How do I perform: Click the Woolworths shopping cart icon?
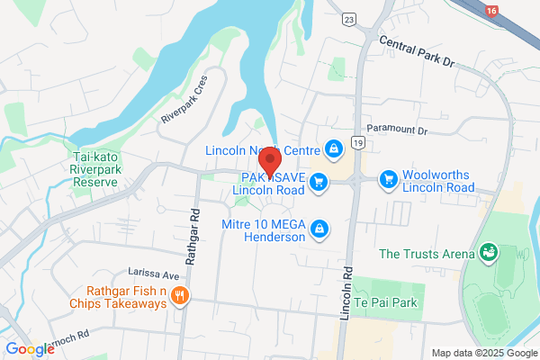click(388, 180)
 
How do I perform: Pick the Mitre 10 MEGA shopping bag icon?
click(318, 231)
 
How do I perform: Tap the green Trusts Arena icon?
click(490, 253)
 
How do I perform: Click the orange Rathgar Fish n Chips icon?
click(180, 296)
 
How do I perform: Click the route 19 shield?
click(358, 142)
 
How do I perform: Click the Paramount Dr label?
click(395, 130)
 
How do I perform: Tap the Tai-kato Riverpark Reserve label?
click(94, 168)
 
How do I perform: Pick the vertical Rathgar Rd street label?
click(193, 223)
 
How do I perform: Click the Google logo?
click(30, 348)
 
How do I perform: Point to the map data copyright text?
click(482, 352)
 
